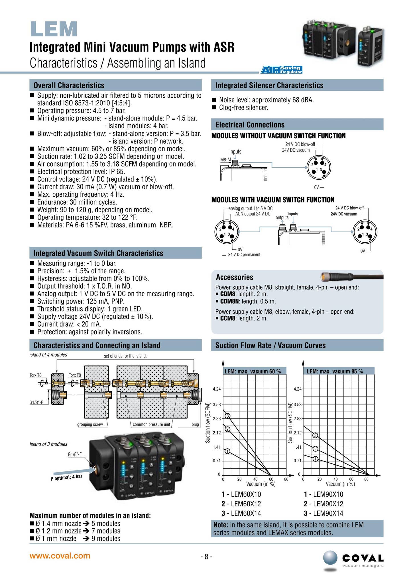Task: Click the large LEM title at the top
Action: (54, 29)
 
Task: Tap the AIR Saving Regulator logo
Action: (281, 70)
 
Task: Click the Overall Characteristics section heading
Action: (69, 85)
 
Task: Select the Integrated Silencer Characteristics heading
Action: (269, 85)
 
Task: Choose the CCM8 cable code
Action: (228, 318)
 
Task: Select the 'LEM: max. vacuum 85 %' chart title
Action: (335, 371)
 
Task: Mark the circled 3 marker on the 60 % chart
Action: (228, 416)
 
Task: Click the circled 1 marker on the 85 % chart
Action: (315, 459)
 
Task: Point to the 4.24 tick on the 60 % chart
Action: (217, 389)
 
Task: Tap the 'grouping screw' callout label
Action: (90, 424)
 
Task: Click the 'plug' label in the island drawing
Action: (195, 424)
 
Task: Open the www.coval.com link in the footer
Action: (60, 556)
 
